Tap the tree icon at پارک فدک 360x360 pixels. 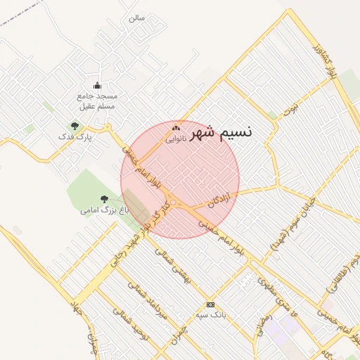tap(75, 126)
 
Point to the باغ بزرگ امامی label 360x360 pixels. tap(98, 210)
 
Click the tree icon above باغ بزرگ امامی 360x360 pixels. tap(105, 200)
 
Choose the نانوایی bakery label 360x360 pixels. tap(176, 139)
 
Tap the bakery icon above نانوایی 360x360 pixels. tap(176, 128)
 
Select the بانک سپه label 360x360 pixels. tap(211, 316)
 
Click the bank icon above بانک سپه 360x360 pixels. tap(210, 304)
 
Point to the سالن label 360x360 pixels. tap(136, 18)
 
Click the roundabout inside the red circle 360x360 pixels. tap(173, 204)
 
